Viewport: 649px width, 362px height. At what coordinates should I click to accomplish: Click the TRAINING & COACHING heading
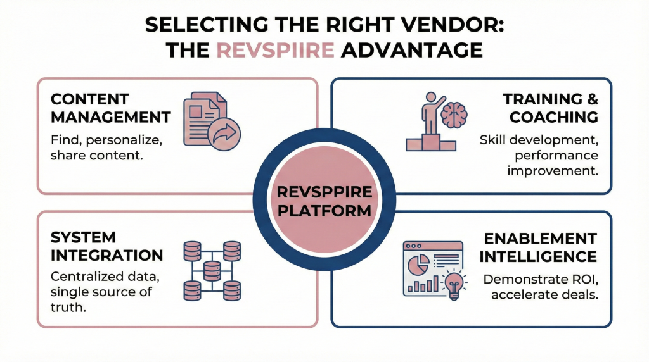click(550, 108)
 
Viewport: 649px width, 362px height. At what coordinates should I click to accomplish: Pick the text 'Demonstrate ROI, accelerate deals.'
click(540, 287)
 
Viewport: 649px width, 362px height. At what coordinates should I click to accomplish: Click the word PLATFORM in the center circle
click(324, 209)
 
